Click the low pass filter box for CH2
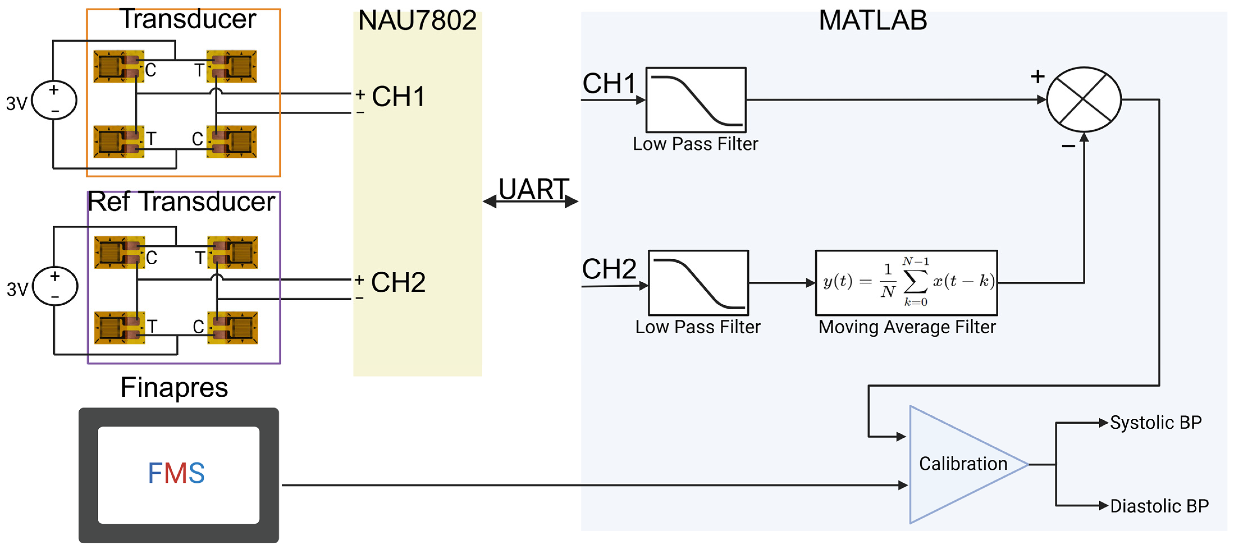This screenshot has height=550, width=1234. (x=698, y=283)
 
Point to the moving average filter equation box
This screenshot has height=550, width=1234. (x=906, y=283)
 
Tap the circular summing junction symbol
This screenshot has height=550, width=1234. (x=1084, y=100)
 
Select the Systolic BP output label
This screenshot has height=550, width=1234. (x=1155, y=423)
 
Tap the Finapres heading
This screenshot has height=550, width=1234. (x=174, y=387)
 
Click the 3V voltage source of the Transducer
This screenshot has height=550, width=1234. (x=54, y=100)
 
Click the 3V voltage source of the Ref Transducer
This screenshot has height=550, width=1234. (x=55, y=286)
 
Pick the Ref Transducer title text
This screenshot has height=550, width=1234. (x=181, y=202)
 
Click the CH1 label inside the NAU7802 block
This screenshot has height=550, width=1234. (x=398, y=97)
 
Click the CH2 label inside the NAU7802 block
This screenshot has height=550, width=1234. (x=398, y=282)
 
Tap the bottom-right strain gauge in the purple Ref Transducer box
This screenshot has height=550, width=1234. (x=232, y=328)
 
